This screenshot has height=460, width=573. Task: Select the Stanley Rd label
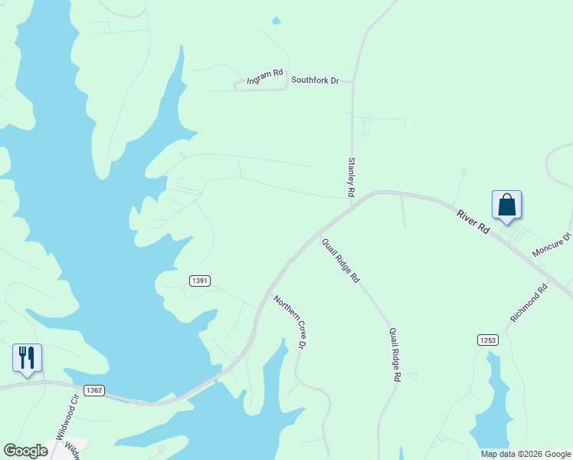pyautogui.click(x=352, y=178)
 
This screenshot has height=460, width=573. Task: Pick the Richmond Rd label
pyautogui.click(x=529, y=303)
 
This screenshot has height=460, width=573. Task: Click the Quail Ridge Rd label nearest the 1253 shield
pyautogui.click(x=395, y=355)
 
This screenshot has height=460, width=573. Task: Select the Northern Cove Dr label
pyautogui.click(x=290, y=322)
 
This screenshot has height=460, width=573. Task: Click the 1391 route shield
pyautogui.click(x=199, y=281)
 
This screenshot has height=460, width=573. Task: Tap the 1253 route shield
pyautogui.click(x=487, y=340)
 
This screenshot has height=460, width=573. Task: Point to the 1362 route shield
pyautogui.click(x=94, y=390)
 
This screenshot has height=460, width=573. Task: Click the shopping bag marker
pyautogui.click(x=506, y=205)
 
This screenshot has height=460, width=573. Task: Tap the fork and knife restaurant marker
pyautogui.click(x=27, y=358)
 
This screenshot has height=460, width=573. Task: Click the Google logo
pyautogui.click(x=25, y=451)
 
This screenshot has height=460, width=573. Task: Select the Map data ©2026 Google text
pyautogui.click(x=526, y=454)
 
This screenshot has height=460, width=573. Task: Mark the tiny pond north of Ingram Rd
pyautogui.click(x=277, y=21)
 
